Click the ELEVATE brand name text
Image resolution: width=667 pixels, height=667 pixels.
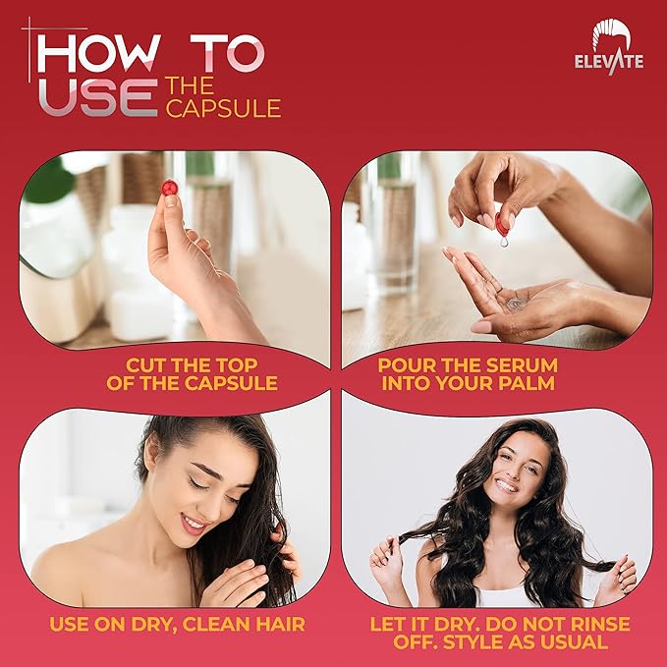(x=609, y=61)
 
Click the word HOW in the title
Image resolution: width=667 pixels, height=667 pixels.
(x=94, y=55)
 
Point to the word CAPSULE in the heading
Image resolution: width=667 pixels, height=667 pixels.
(x=224, y=107)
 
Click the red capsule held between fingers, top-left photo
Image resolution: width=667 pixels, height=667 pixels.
(x=170, y=187)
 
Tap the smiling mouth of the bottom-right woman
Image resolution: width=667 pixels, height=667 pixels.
(x=505, y=484)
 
